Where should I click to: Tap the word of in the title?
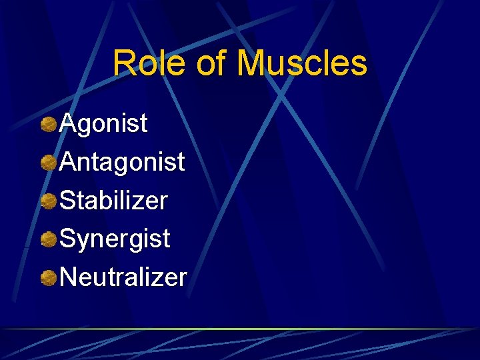point(212,64)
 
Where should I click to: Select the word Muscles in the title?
point(302,64)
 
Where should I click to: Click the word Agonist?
point(103,124)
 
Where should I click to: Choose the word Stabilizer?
point(113,201)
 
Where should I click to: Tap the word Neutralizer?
point(123,277)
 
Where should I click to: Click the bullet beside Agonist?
point(48,124)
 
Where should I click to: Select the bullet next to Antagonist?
point(48,163)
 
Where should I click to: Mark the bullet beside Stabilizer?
point(48,201)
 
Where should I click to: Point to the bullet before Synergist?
point(48,239)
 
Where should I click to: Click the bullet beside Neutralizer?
point(48,277)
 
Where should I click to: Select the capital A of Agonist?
point(68,123)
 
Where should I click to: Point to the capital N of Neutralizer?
point(69,277)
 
